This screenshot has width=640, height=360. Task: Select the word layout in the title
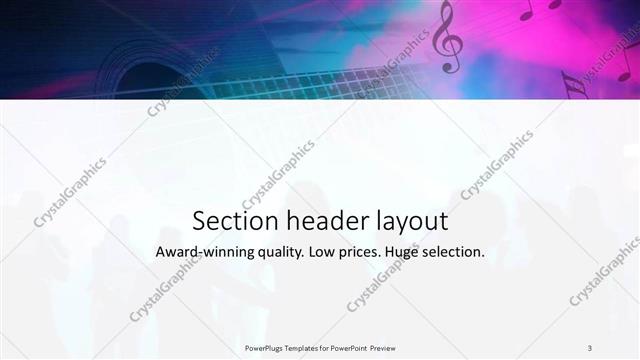click(408, 221)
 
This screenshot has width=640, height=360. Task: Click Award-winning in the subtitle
click(204, 253)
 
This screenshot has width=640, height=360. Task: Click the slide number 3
click(590, 347)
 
